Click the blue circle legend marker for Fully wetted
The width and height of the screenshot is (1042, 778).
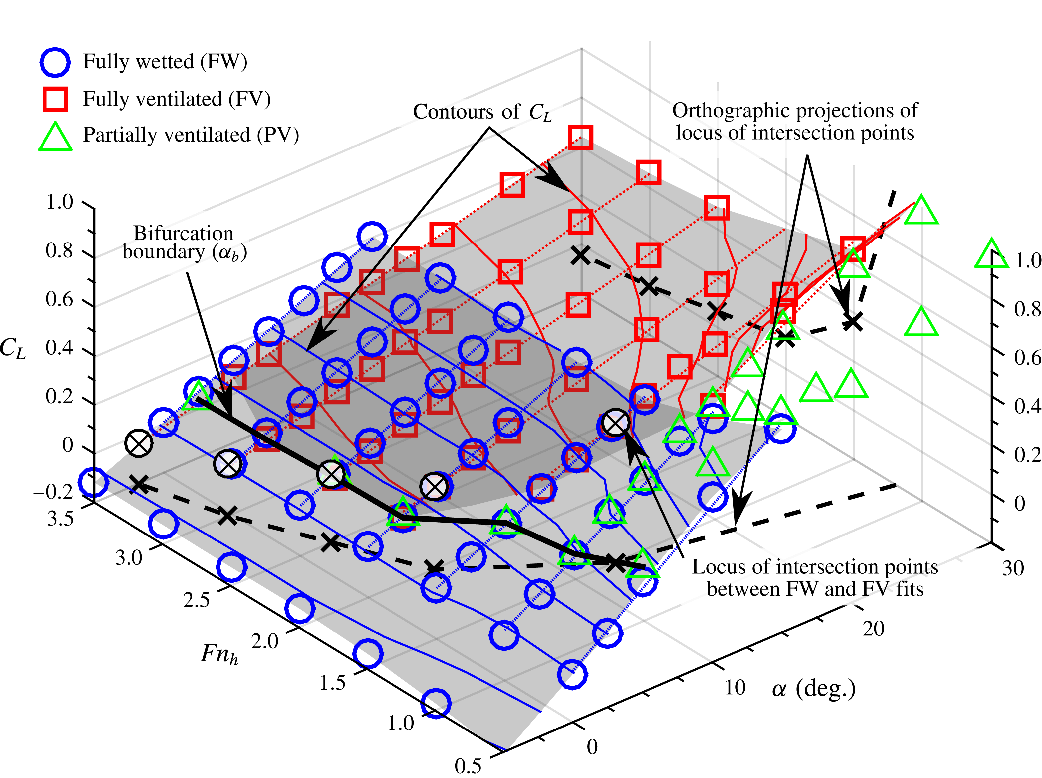click(x=55, y=62)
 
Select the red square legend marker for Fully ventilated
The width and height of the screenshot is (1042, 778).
click(x=55, y=99)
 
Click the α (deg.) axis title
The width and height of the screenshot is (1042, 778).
click(x=813, y=689)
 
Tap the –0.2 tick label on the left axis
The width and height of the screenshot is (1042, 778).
click(x=53, y=492)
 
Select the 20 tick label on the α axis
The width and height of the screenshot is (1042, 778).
click(x=873, y=629)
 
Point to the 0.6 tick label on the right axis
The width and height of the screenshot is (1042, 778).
click(x=1027, y=358)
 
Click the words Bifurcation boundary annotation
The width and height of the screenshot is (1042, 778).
click(x=184, y=243)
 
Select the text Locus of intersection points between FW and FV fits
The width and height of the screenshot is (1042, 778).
click(x=815, y=578)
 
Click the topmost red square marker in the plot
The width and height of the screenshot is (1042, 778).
click(x=580, y=137)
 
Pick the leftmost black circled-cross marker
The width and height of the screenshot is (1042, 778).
click(x=139, y=443)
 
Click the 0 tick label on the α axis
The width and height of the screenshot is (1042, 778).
click(x=592, y=747)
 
